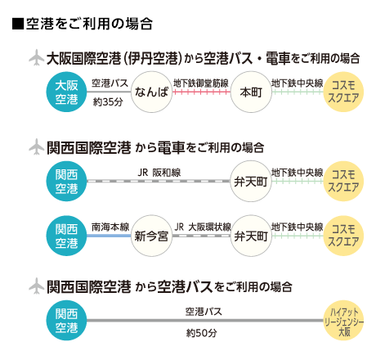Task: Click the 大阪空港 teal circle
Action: point(66,92)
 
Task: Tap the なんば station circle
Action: point(151,92)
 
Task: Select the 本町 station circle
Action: point(251,92)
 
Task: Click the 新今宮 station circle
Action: point(151,236)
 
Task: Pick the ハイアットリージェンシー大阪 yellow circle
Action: point(344,321)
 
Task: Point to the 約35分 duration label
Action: point(108,102)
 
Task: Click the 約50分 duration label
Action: point(202,333)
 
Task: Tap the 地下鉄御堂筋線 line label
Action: point(201,83)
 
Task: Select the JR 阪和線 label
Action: point(159,173)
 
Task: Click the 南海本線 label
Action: point(110,227)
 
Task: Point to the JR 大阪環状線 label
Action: point(203,227)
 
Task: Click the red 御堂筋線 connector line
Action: point(201,92)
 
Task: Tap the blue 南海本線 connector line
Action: point(109,236)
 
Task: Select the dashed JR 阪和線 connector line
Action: point(159,181)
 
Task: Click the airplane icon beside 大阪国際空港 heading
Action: point(36,57)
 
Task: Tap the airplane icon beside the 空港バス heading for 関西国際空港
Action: point(36,286)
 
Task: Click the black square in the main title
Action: point(18,24)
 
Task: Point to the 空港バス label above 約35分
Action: point(110,83)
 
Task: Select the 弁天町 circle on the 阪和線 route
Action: point(251,181)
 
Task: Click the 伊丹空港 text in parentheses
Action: point(155,58)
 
